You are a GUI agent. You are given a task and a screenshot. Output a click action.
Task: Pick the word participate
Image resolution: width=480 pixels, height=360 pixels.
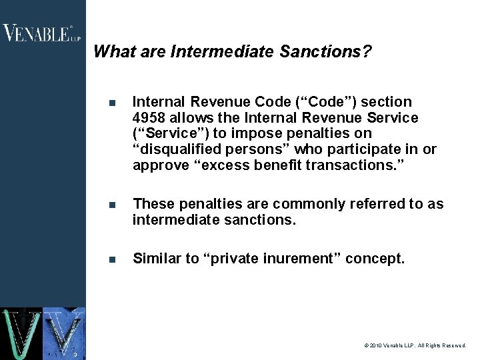(371, 150)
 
